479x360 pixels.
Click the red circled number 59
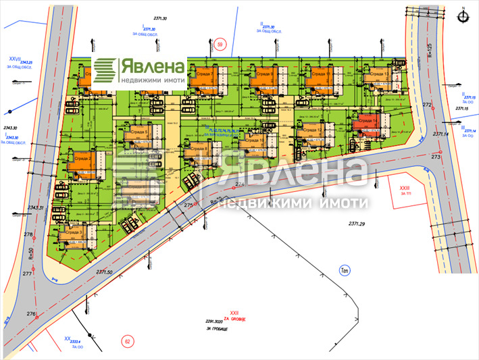click(x=220, y=45)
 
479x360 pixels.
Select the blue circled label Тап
click(x=344, y=271)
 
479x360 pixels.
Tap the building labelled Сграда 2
click(x=83, y=161)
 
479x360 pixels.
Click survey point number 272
click(x=427, y=105)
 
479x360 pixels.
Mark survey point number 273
click(x=436, y=156)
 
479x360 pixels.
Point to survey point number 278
click(x=28, y=234)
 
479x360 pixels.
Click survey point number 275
click(x=189, y=205)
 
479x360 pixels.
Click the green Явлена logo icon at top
click(x=105, y=70)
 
